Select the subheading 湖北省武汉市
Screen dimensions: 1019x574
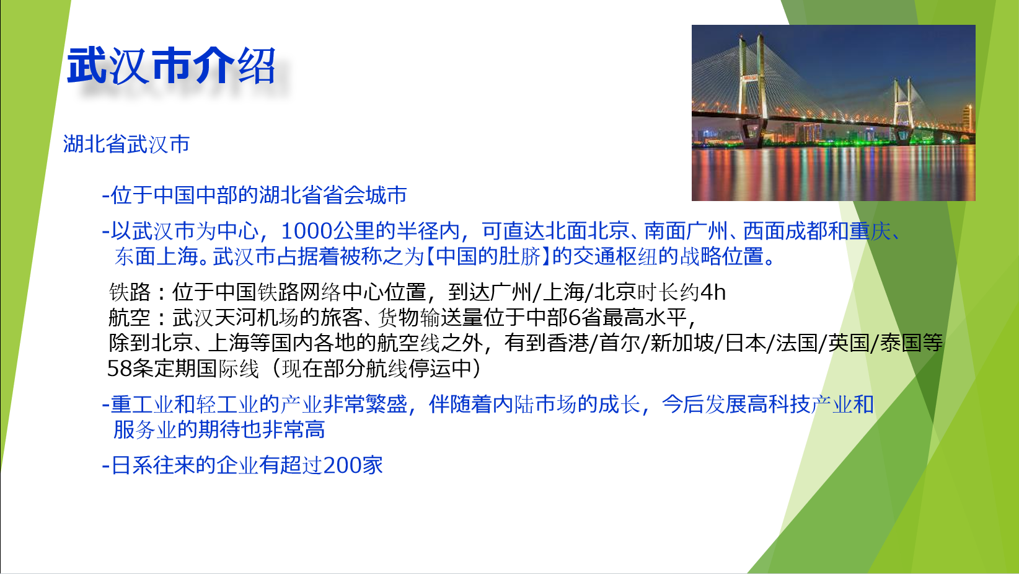point(126,145)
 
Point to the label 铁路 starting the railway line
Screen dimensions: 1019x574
point(130,292)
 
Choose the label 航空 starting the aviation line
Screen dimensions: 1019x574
point(130,318)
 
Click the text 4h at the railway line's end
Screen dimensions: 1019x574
point(713,292)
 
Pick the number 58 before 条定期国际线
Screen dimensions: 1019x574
point(119,369)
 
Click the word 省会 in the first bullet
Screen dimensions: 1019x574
point(343,195)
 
